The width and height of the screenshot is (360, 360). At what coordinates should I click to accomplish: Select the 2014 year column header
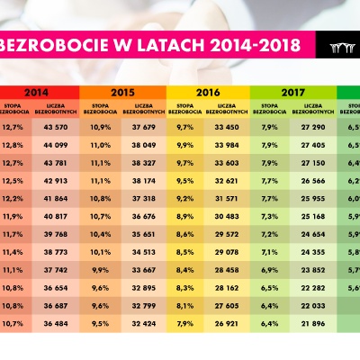(37, 92)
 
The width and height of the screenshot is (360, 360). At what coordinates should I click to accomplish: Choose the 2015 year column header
(122, 92)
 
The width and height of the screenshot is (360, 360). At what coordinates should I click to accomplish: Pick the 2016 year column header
(207, 92)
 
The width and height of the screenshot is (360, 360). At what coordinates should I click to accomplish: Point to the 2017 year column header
(292, 92)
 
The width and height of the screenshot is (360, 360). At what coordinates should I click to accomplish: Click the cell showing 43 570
(55, 127)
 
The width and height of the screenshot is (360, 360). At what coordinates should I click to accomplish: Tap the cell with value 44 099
(55, 144)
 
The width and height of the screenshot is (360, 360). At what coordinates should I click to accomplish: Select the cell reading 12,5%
(13, 181)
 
